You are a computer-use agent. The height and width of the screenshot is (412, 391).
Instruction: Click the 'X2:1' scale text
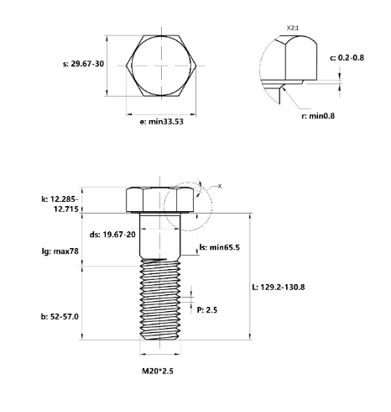[292, 28]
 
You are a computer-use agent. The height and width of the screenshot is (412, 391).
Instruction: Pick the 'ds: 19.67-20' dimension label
[112, 235]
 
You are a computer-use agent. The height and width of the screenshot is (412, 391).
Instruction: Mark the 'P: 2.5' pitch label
[206, 310]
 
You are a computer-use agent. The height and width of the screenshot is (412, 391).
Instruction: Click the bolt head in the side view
[159, 200]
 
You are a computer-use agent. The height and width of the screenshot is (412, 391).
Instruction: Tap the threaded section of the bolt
[159, 303]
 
